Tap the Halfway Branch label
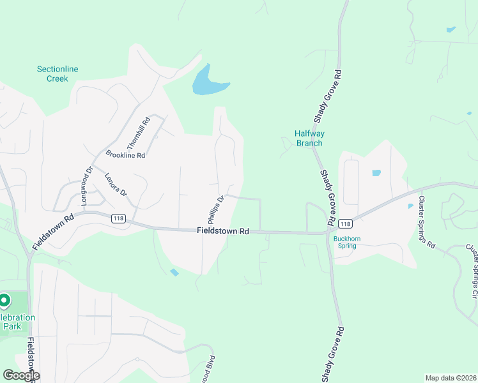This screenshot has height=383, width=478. pyautogui.click(x=309, y=138)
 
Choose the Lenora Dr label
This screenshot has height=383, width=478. pyautogui.click(x=116, y=184)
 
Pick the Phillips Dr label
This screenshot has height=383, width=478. pyautogui.click(x=216, y=208)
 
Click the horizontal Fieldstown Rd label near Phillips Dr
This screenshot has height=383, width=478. pyautogui.click(x=222, y=231)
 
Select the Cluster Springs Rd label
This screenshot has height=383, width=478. pyautogui.click(x=426, y=222)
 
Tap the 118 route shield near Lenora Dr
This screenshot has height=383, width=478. pyautogui.click(x=118, y=218)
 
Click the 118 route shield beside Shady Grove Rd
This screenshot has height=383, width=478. pyautogui.click(x=345, y=223)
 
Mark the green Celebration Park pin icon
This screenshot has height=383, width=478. pyautogui.click(x=4, y=299)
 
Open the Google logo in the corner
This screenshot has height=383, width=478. pyautogui.click(x=20, y=375)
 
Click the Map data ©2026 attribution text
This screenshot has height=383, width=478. pyautogui.click(x=450, y=378)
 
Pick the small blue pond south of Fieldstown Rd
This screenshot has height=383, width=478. pyautogui.click(x=174, y=273)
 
